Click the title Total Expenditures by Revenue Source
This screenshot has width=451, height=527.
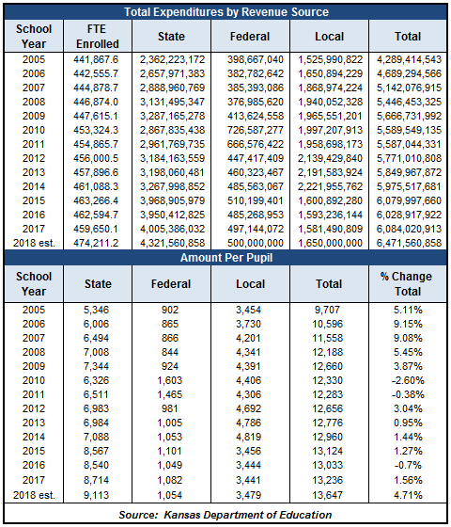226,12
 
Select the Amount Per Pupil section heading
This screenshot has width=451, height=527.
226,258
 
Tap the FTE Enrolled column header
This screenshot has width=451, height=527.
98,37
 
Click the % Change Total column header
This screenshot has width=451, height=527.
407,283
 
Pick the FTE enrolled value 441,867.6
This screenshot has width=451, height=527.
96,59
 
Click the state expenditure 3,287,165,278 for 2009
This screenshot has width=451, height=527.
172,116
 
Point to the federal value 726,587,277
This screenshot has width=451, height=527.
256,130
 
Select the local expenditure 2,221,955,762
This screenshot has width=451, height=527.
330,186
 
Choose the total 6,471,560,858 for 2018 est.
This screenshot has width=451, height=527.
409,243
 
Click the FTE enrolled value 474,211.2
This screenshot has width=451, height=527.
96,243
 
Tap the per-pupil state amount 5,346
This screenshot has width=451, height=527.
96,310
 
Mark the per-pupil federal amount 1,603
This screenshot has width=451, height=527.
170,380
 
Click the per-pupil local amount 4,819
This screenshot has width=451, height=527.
248,437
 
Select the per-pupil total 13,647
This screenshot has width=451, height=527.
328,495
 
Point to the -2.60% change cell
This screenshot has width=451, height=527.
408,380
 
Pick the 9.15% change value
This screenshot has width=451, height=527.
408,324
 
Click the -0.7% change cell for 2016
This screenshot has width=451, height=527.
408,465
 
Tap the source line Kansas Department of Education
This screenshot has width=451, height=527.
225,515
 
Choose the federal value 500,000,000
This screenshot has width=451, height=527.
256,243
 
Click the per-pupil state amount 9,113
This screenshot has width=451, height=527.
96,495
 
